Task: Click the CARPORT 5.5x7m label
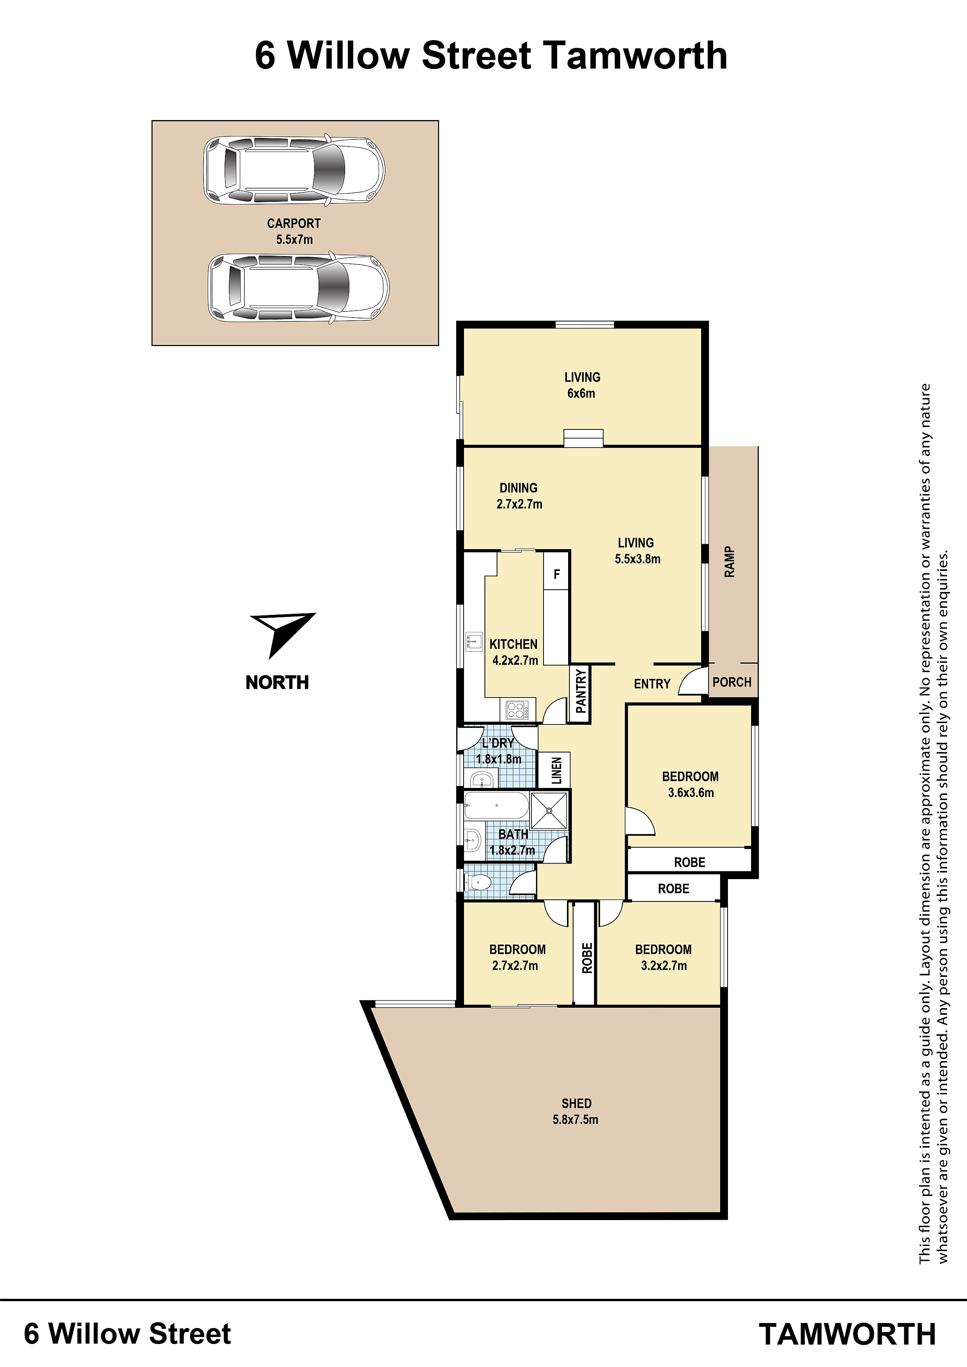pos(294,231)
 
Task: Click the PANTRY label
pos(581,691)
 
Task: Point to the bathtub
pos(496,805)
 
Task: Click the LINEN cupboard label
pos(556,770)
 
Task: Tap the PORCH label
pos(731,682)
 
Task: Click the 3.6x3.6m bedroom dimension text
pos(691,793)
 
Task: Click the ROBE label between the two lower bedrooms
pos(587,958)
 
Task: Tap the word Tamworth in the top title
pos(635,56)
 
